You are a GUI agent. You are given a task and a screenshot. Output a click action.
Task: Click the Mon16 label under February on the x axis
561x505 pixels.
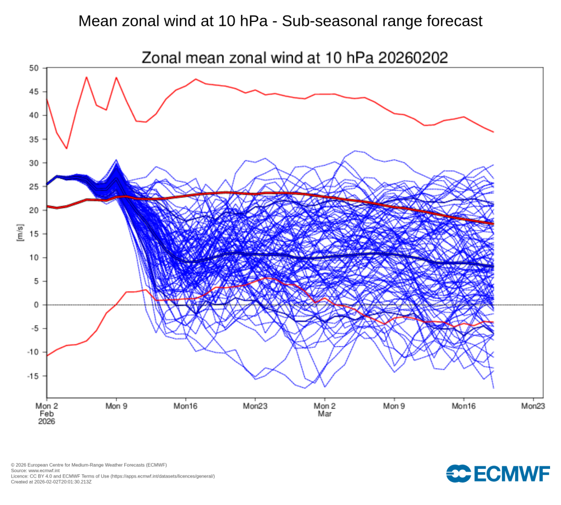[x=186, y=406]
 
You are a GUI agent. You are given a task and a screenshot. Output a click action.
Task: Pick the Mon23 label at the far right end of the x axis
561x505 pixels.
[x=533, y=406]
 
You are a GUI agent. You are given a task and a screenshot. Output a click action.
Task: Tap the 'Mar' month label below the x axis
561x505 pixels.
[x=324, y=414]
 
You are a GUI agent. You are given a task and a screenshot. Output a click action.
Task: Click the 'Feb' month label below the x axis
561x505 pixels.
[x=47, y=414]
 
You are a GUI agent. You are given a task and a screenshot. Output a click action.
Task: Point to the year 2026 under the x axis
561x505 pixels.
[x=47, y=422]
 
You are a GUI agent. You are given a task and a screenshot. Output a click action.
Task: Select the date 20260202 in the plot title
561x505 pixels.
[x=416, y=58]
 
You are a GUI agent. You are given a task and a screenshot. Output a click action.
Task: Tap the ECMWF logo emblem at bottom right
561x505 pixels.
[x=459, y=473]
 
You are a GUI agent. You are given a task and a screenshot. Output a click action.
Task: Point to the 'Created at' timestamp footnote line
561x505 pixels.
[x=51, y=481]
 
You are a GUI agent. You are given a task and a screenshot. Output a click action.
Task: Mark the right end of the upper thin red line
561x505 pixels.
[x=494, y=132]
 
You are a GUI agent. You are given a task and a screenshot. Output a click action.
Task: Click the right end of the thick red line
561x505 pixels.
[x=494, y=224]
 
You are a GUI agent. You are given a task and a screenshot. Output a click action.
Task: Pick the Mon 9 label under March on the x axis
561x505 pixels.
[x=394, y=406]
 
